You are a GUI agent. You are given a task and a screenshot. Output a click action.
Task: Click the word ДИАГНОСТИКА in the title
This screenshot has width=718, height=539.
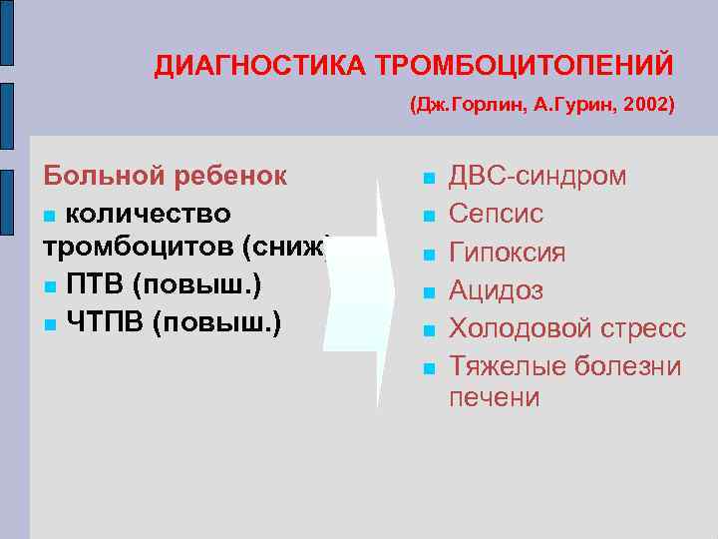260,66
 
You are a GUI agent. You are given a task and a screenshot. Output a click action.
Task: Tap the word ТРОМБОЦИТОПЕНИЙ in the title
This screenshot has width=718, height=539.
525,66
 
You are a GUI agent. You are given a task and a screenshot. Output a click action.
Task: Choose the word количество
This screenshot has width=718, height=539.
149,213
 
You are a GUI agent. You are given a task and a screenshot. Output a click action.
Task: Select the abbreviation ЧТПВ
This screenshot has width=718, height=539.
105,321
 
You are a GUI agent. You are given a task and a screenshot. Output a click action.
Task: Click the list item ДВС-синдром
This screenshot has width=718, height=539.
538,177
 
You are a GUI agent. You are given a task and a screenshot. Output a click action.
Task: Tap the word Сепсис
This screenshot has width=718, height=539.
496,214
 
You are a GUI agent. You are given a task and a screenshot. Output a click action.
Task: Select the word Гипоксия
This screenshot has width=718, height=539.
507,252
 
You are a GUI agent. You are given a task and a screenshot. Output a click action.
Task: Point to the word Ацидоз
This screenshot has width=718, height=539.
496,289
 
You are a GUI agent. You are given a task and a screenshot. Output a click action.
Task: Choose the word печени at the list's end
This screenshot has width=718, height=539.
494,397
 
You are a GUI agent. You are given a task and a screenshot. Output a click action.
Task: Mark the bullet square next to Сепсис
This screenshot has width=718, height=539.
428,216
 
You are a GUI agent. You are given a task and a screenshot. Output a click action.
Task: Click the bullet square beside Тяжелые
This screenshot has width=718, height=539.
428,368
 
